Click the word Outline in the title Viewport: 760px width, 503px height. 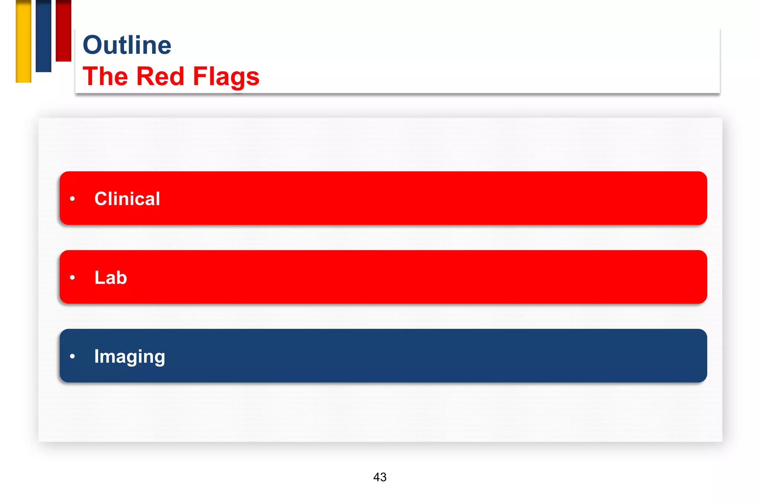pyautogui.click(x=127, y=45)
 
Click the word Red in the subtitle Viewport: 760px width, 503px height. pyautogui.click(x=160, y=76)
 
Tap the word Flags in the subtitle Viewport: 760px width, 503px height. pyautogui.click(x=226, y=76)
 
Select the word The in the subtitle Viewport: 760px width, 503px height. pyautogui.click(x=105, y=76)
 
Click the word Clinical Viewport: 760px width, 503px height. pyautogui.click(x=127, y=199)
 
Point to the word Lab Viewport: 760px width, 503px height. pyautogui.click(x=111, y=278)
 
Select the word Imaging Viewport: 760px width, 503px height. pyautogui.click(x=130, y=356)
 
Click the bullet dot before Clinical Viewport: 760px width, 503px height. pyautogui.click(x=72, y=199)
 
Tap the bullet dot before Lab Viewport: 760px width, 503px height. pyautogui.click(x=72, y=278)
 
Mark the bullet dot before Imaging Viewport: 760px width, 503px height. pyautogui.click(x=72, y=356)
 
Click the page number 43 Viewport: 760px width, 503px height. pyautogui.click(x=380, y=477)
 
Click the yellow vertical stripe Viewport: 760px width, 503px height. pyautogui.click(x=23, y=41)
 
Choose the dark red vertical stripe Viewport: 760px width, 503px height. pyautogui.click(x=63, y=30)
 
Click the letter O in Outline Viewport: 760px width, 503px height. pyautogui.click(x=93, y=45)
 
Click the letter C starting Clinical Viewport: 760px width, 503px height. pyautogui.click(x=101, y=199)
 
